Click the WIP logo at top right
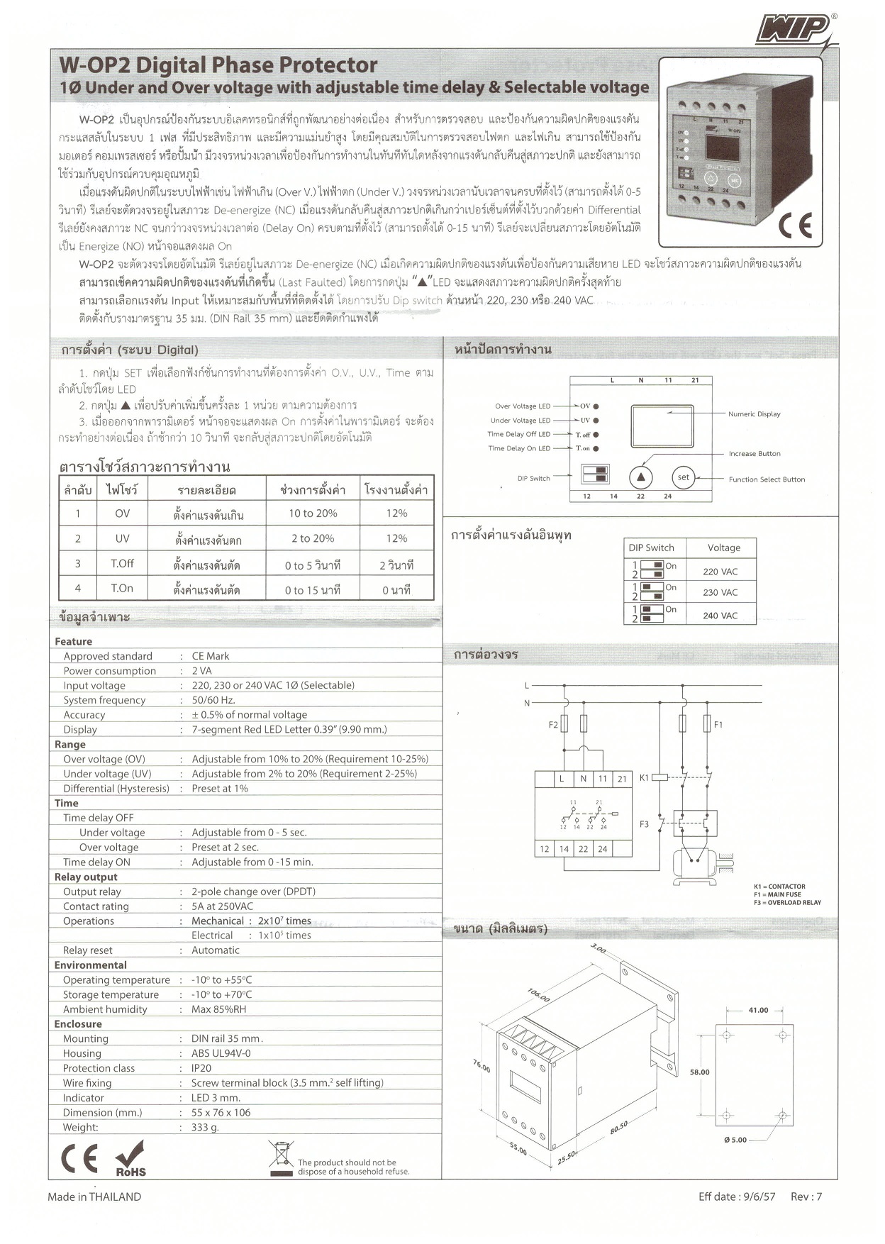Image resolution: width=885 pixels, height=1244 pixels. (x=794, y=30)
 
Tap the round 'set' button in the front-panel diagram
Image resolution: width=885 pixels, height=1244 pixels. (x=683, y=477)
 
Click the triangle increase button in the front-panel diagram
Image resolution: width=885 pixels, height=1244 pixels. (x=640, y=477)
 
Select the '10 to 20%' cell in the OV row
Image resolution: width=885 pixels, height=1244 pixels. (x=313, y=513)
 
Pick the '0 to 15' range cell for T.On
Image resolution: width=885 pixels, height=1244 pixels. (x=313, y=589)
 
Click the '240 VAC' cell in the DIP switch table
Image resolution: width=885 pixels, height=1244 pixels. (x=720, y=616)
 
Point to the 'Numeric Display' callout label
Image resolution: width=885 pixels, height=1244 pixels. (x=754, y=414)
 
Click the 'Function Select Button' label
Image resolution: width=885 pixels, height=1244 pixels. (x=767, y=479)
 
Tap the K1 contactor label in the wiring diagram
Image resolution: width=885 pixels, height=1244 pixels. (x=644, y=778)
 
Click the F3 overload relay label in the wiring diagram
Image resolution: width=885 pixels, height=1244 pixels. (x=644, y=824)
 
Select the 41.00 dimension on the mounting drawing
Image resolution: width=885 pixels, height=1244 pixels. (x=758, y=1010)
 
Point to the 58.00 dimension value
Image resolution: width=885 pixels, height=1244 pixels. (x=699, y=1072)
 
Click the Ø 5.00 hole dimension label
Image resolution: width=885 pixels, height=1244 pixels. (x=735, y=1140)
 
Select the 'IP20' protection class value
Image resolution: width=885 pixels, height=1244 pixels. (x=201, y=1068)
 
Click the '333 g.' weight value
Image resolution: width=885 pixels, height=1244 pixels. (x=205, y=1127)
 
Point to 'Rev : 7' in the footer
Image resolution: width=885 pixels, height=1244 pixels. (x=806, y=1196)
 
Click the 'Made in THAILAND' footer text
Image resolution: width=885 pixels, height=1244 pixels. (x=94, y=1196)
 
